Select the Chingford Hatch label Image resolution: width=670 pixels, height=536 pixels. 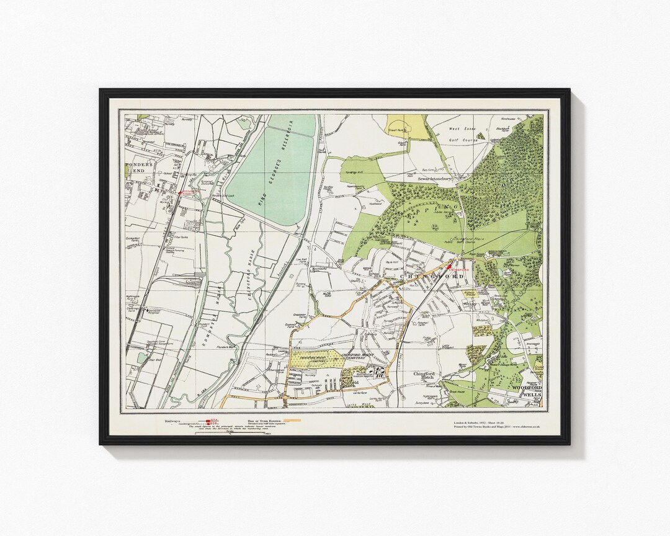pos(429,377)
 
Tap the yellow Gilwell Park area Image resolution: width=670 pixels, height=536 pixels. pos(409,127)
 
